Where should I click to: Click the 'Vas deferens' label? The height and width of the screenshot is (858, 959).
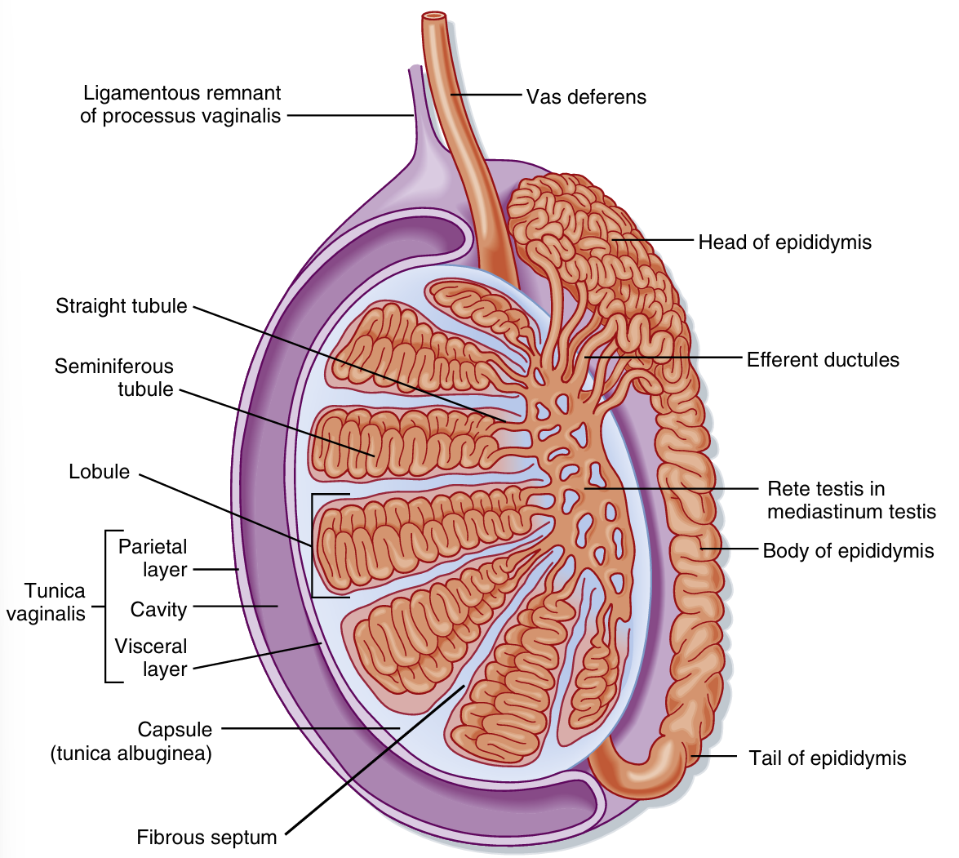(585, 97)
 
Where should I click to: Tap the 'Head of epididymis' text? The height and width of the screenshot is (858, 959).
(784, 242)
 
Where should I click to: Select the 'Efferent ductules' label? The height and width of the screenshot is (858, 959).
(823, 360)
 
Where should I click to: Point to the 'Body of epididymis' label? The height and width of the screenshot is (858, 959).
(848, 551)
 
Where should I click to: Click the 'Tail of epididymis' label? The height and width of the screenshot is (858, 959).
(828, 758)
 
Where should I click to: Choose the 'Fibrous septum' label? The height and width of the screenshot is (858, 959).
(206, 838)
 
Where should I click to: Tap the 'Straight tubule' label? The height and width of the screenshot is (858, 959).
(122, 306)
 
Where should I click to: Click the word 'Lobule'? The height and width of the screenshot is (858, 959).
(100, 472)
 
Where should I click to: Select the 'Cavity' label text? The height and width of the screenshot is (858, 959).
(158, 610)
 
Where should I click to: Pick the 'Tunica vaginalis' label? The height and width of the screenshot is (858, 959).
(46, 602)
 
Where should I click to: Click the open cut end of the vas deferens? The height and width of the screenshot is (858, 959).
(434, 16)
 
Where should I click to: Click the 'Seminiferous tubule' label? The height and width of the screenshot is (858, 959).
(114, 378)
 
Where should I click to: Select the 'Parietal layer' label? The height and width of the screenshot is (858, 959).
(153, 558)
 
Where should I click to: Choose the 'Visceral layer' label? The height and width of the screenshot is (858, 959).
(152, 658)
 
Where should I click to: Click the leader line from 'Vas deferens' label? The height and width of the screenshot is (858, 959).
(485, 96)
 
